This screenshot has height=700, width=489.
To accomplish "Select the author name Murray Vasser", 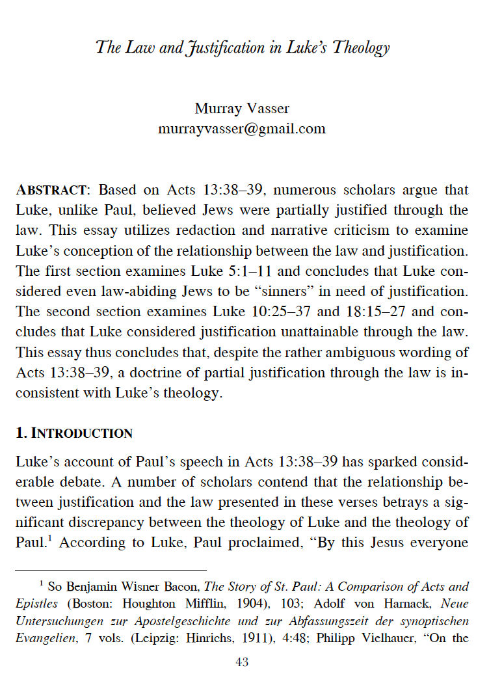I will pyautogui.click(x=241, y=108).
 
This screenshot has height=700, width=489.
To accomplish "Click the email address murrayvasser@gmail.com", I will pyautogui.click(x=241, y=128).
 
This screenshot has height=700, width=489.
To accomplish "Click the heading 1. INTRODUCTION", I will pyautogui.click(x=74, y=433).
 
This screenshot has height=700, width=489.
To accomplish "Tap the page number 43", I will pyautogui.click(x=241, y=663).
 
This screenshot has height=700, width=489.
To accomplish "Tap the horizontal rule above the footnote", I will pyautogui.click(x=111, y=569).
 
